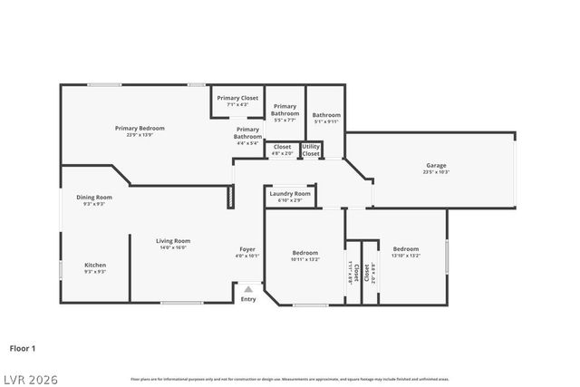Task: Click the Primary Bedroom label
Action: [140, 128]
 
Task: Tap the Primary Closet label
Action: [237, 97]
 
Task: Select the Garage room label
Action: [436, 165]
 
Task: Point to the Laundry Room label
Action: [290, 193]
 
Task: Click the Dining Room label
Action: [94, 197]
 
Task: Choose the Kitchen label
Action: [95, 265]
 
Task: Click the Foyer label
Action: [247, 248]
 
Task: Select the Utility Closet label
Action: [311, 150]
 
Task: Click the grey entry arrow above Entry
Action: [248, 289]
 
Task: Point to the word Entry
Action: [248, 299]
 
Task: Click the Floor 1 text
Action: [23, 347]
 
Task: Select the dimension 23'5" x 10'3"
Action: [436, 171]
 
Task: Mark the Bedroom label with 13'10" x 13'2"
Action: [406, 248]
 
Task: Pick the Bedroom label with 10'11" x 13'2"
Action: [305, 252]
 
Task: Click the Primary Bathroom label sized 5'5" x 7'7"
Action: [285, 110]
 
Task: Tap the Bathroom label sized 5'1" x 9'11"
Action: [326, 115]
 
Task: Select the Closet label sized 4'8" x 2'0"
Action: [283, 147]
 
